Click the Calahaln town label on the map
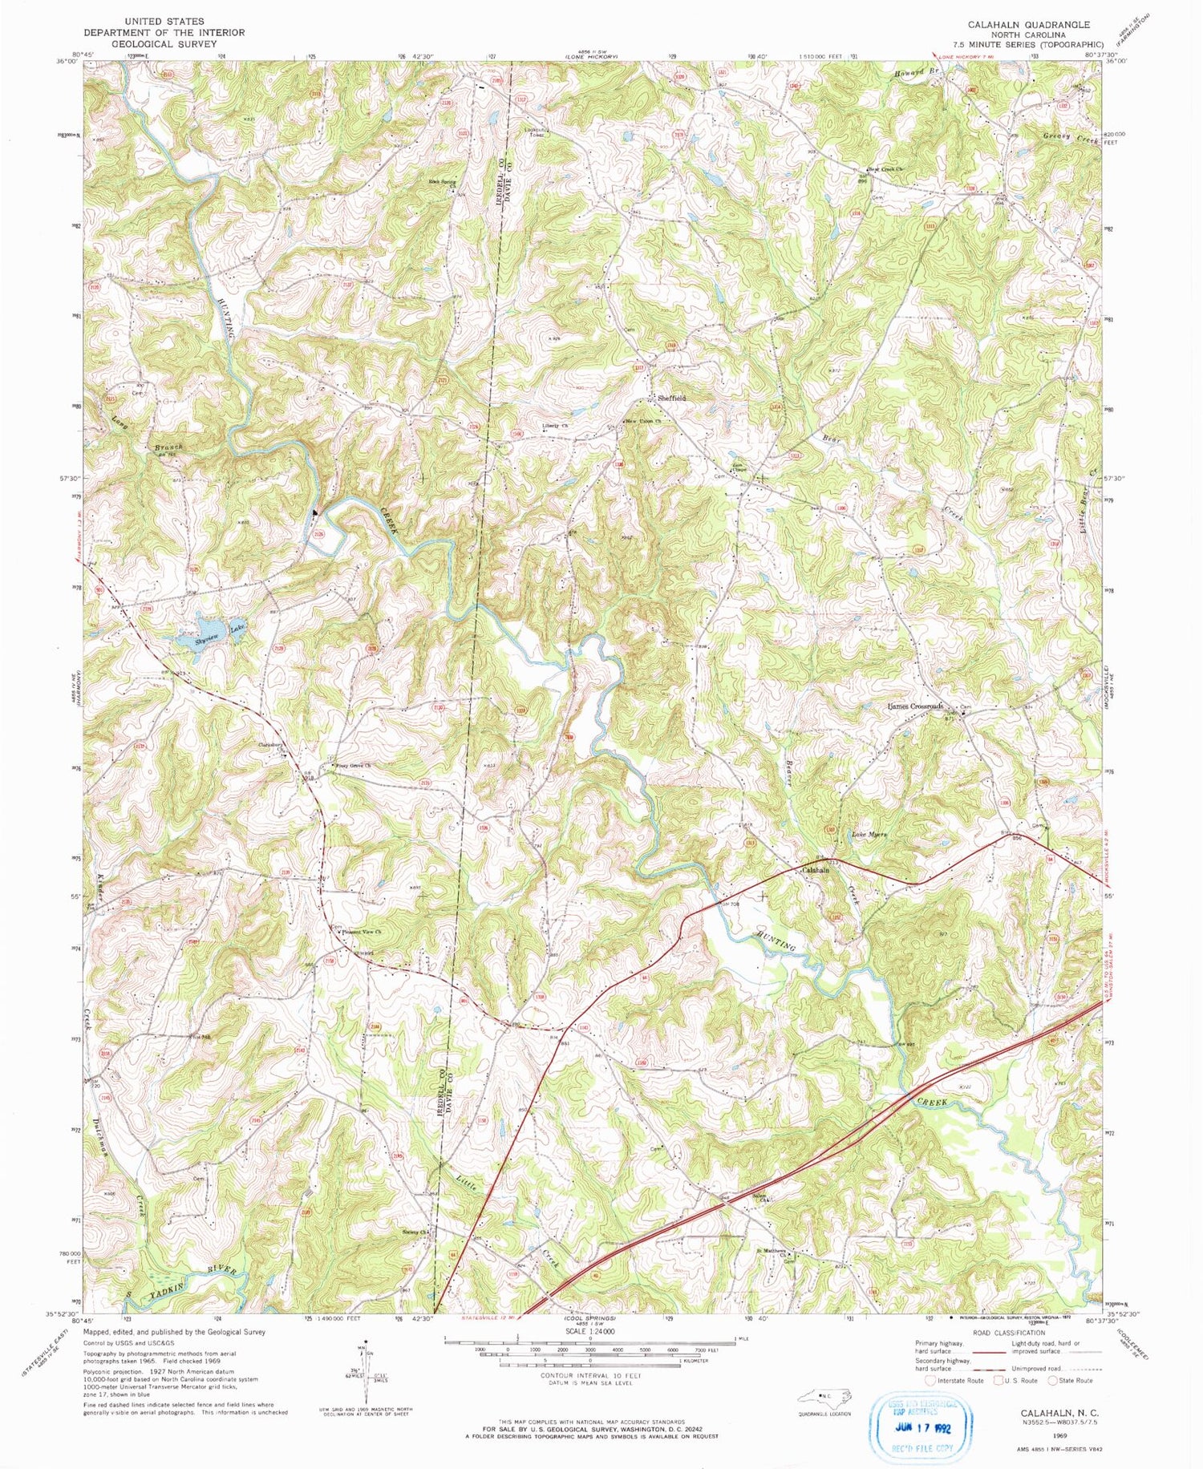click(816, 870)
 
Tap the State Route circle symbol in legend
click(1053, 1380)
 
